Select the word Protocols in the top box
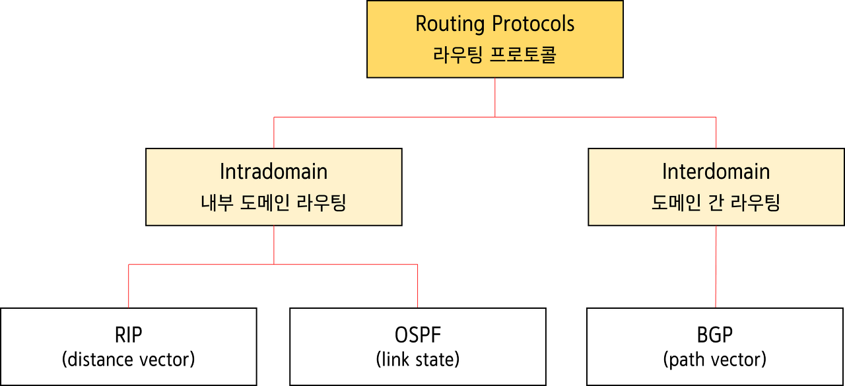[x=534, y=24]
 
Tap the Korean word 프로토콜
[x=524, y=55]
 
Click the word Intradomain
[x=273, y=172]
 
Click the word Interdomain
[x=716, y=172]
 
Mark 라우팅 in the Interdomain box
[x=759, y=203]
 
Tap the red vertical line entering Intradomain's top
[x=273, y=133]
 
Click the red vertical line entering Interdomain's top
[x=716, y=133]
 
